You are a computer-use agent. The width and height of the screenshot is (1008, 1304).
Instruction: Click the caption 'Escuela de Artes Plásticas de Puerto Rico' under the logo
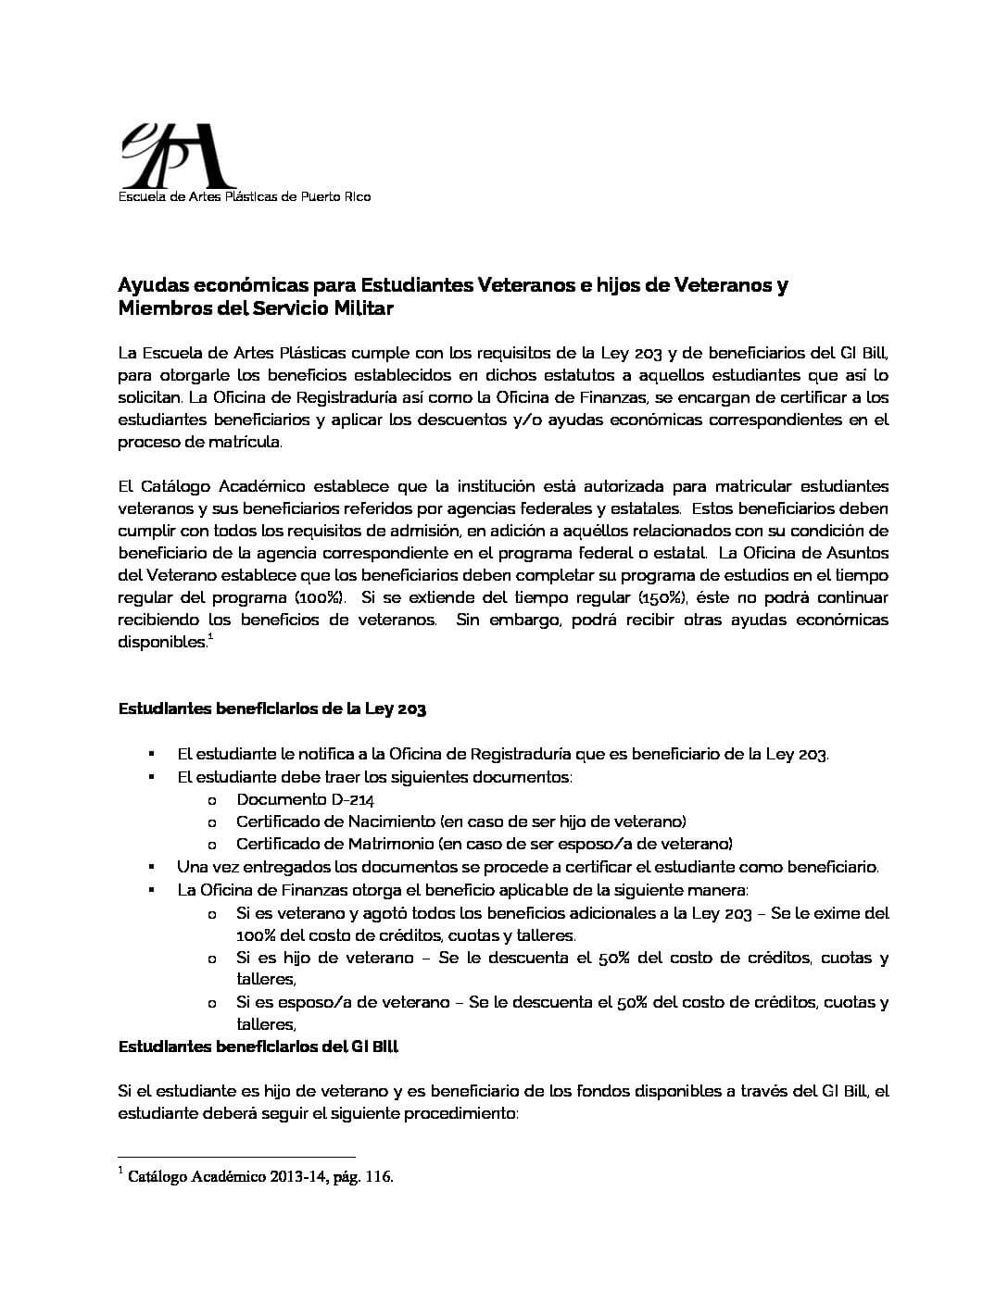[x=244, y=196]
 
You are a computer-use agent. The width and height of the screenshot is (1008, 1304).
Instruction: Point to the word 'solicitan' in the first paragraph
[x=147, y=397]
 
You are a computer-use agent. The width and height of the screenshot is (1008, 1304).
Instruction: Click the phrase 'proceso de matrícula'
[x=199, y=442]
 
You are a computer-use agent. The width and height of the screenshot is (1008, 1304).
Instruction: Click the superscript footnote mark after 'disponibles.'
[x=210, y=637]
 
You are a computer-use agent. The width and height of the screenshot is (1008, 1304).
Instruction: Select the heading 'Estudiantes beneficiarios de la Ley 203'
[x=272, y=709]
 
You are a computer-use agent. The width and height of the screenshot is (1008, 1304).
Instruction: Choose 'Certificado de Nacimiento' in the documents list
[x=335, y=821]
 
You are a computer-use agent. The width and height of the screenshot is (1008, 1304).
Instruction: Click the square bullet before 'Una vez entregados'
[x=151, y=867]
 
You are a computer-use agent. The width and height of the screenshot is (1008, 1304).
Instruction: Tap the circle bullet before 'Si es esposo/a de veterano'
[x=212, y=1003]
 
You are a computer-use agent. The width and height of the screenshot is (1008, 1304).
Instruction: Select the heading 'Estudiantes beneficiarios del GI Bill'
[x=258, y=1047]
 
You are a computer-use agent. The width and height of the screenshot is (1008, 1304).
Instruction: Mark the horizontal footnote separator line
[x=236, y=1157]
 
